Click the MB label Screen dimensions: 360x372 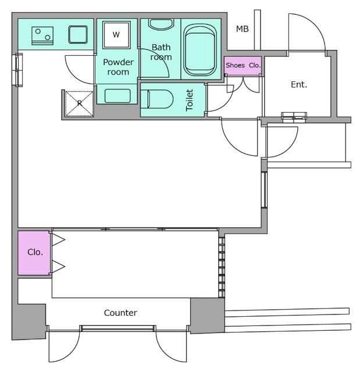[243, 29]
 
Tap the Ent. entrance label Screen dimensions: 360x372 [299, 84]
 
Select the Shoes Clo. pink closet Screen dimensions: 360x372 [243, 66]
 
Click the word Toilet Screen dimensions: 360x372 [189, 100]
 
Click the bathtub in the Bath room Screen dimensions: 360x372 [201, 50]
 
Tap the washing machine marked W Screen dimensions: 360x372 [116, 35]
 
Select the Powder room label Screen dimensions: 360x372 [118, 67]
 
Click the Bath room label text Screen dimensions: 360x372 [161, 52]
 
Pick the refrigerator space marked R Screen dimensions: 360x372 [80, 103]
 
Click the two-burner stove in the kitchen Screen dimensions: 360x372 [42, 35]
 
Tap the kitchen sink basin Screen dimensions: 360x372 [78, 35]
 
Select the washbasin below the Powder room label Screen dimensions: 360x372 [117, 96]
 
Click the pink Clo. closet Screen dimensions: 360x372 [34, 253]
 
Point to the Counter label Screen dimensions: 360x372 [120, 313]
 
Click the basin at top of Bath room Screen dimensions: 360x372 [161, 24]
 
